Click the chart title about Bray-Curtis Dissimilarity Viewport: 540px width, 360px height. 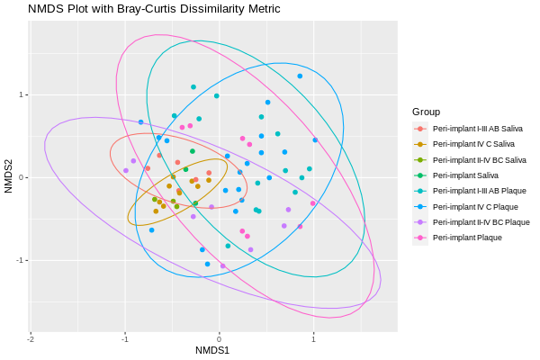pos(154,9)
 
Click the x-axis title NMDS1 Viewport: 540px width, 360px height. pos(212,350)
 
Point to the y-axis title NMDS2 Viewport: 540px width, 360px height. pos(8,176)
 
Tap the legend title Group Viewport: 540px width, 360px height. pos(426,112)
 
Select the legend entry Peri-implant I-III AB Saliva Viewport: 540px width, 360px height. pos(477,129)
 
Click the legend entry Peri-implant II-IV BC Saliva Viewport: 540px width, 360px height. pos(479,159)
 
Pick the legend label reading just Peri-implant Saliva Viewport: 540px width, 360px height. pos(465,175)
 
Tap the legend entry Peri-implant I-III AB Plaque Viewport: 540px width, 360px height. pos(479,191)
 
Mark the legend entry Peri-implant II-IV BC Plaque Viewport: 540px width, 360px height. pos(481,221)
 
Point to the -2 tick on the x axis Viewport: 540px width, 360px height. pos(31,338)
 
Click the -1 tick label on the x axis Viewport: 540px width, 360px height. pos(124,338)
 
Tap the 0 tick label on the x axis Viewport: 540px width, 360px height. pos(219,338)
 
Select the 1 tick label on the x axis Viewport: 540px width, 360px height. pos(313,338)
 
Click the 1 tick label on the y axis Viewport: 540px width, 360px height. pos(21,95)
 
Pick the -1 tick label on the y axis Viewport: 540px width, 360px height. pos(19,260)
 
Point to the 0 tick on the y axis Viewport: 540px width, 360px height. pos(21,177)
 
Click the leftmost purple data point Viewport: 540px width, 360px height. pos(126,170)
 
